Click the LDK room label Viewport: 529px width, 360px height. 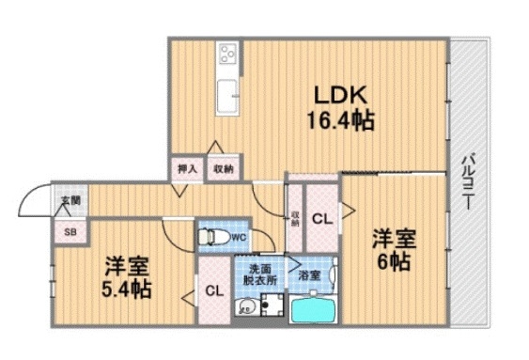(338, 94)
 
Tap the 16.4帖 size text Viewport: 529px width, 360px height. (338, 119)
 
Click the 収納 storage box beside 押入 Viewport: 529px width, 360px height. (222, 168)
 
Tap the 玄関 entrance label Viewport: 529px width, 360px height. (70, 200)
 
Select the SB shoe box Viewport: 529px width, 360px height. (70, 231)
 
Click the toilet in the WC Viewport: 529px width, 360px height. (211, 237)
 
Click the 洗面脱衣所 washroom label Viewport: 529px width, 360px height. (260, 274)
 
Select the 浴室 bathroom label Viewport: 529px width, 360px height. (309, 275)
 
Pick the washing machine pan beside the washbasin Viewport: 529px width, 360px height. (273, 305)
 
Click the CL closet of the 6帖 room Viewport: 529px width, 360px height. (321, 219)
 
